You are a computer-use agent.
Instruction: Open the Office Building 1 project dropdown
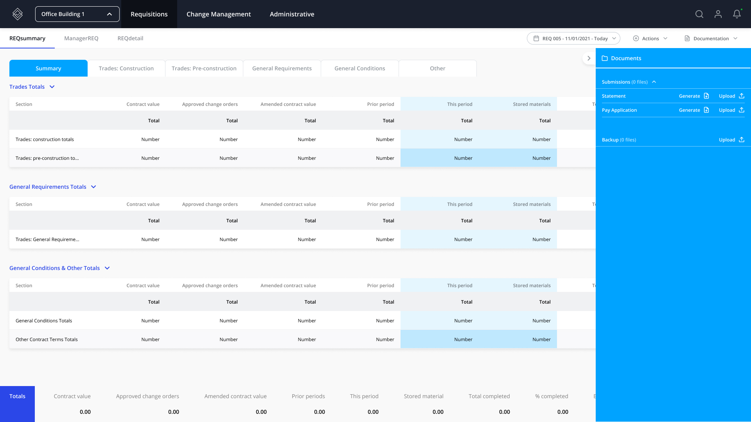77,14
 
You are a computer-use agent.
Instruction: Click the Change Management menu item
219,14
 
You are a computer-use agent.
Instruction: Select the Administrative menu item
292,14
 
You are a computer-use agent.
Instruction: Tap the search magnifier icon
699,14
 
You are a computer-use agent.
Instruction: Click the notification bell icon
737,14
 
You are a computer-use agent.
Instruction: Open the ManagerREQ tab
81,38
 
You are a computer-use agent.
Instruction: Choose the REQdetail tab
130,38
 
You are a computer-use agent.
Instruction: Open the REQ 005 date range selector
573,38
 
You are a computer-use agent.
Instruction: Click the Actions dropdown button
650,38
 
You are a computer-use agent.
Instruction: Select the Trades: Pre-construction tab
204,68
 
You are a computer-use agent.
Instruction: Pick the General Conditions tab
359,68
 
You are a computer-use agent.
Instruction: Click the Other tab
437,68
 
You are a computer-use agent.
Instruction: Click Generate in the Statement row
694,96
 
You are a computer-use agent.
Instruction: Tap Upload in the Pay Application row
731,110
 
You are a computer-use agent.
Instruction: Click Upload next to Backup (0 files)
731,140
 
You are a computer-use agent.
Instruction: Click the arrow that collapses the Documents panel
589,58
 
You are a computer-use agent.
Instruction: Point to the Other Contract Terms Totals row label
47,340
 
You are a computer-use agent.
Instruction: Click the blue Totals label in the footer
17,396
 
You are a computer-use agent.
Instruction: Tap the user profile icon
718,14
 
